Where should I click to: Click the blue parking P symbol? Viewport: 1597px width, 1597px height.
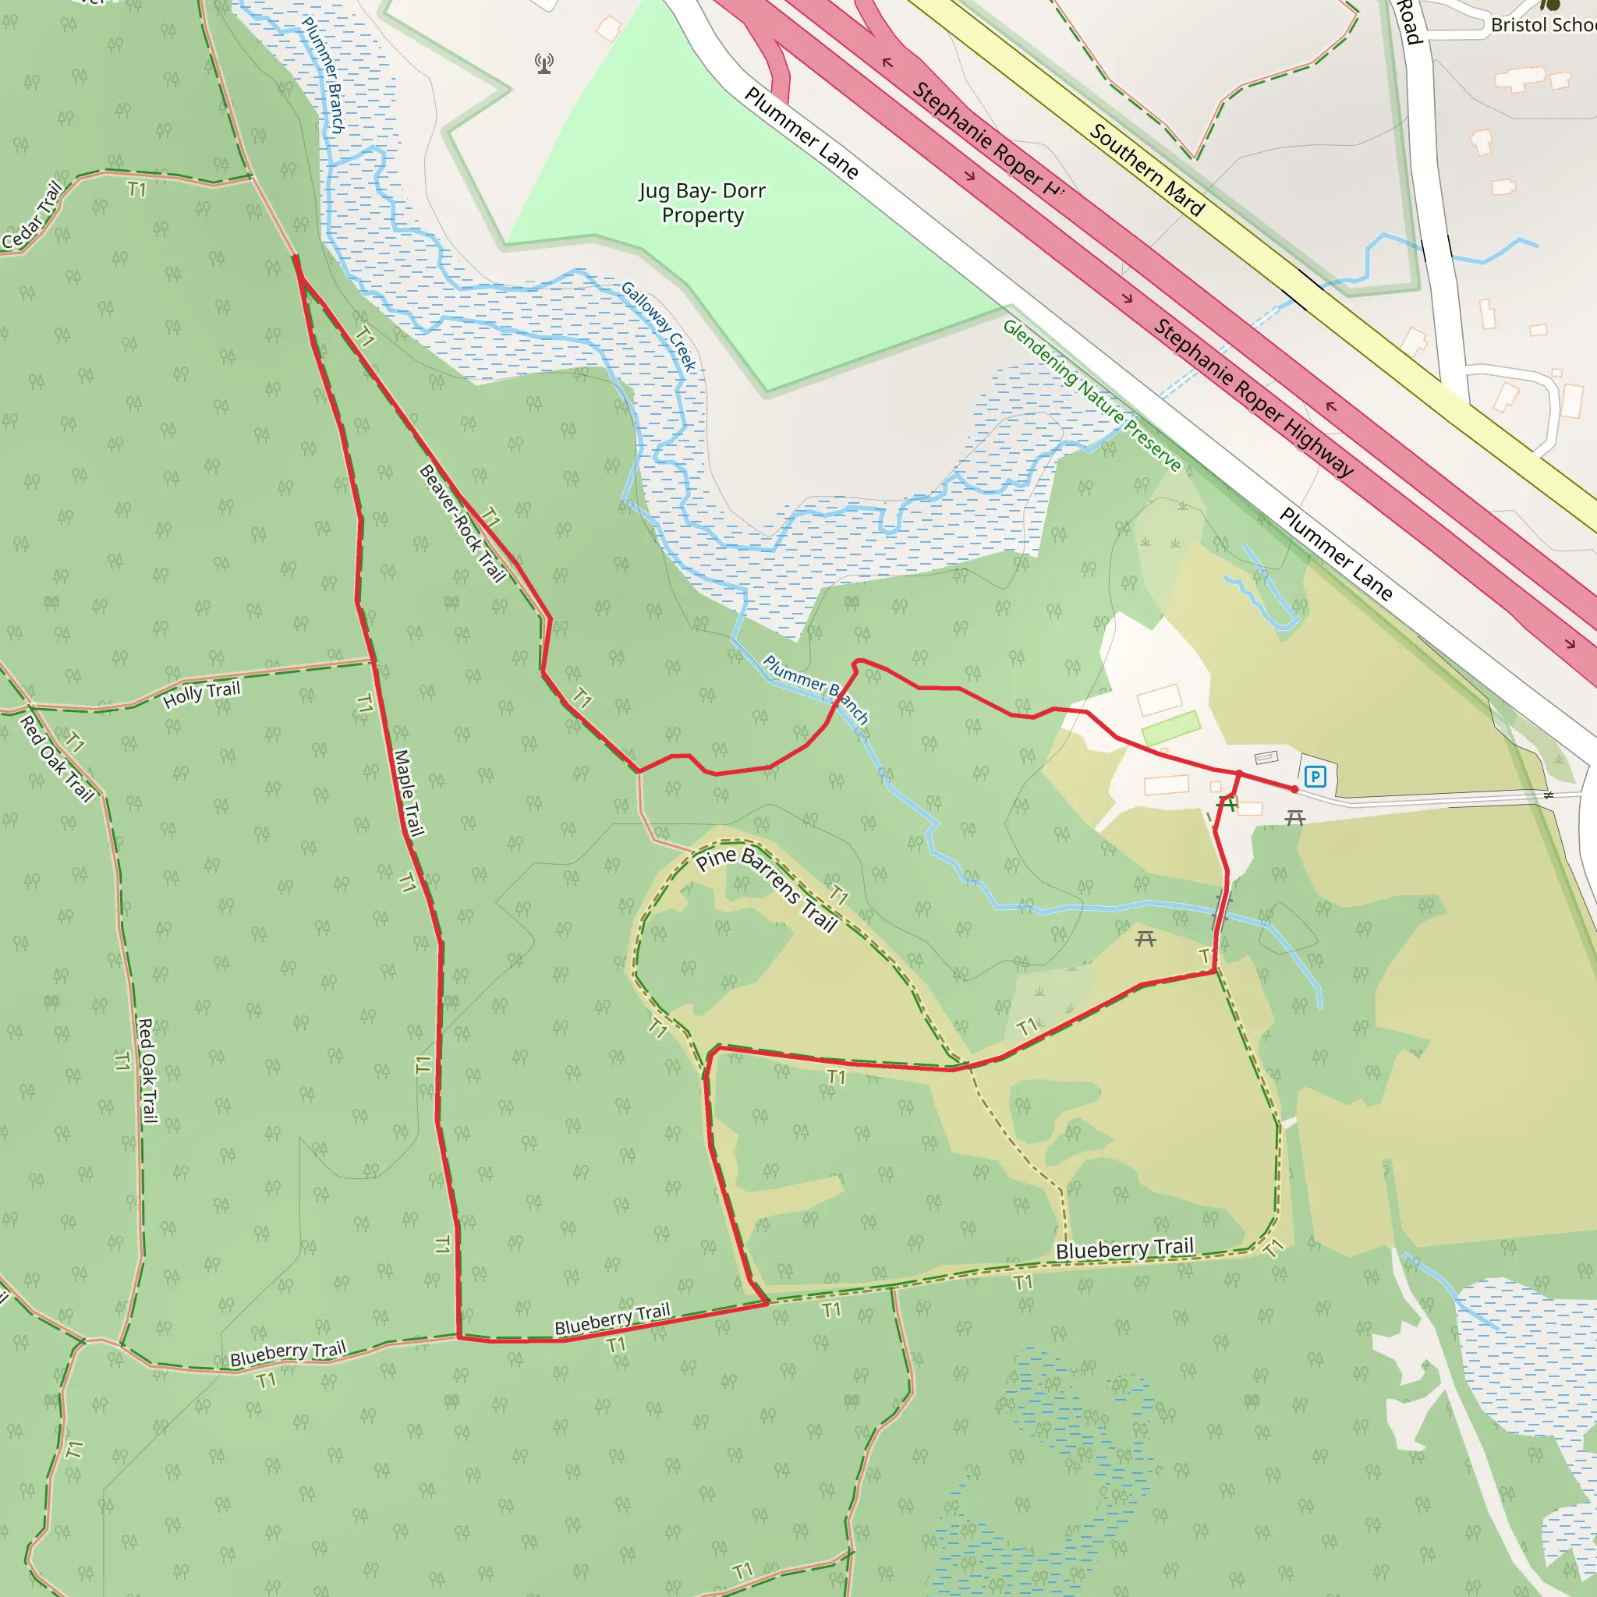1314,776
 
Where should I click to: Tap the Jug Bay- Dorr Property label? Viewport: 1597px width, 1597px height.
703,203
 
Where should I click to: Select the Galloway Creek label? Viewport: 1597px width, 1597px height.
659,327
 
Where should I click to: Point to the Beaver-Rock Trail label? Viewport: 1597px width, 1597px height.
462,523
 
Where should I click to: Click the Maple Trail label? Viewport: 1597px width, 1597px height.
409,793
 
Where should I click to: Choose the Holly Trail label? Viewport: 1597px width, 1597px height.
202,694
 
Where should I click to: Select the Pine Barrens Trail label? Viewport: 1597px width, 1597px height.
767,889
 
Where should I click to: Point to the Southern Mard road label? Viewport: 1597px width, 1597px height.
1146,170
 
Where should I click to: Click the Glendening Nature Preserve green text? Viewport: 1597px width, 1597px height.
1091,395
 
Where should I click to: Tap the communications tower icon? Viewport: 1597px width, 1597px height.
544,64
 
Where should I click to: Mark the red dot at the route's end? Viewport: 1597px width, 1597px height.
1294,789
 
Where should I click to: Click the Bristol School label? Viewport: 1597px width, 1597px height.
1542,25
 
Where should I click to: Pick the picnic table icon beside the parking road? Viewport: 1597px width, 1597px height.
1294,817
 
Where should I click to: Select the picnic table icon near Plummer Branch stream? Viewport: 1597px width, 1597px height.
1145,938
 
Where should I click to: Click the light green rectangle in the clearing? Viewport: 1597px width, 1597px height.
1170,727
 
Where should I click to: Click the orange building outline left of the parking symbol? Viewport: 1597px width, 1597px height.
1167,784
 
